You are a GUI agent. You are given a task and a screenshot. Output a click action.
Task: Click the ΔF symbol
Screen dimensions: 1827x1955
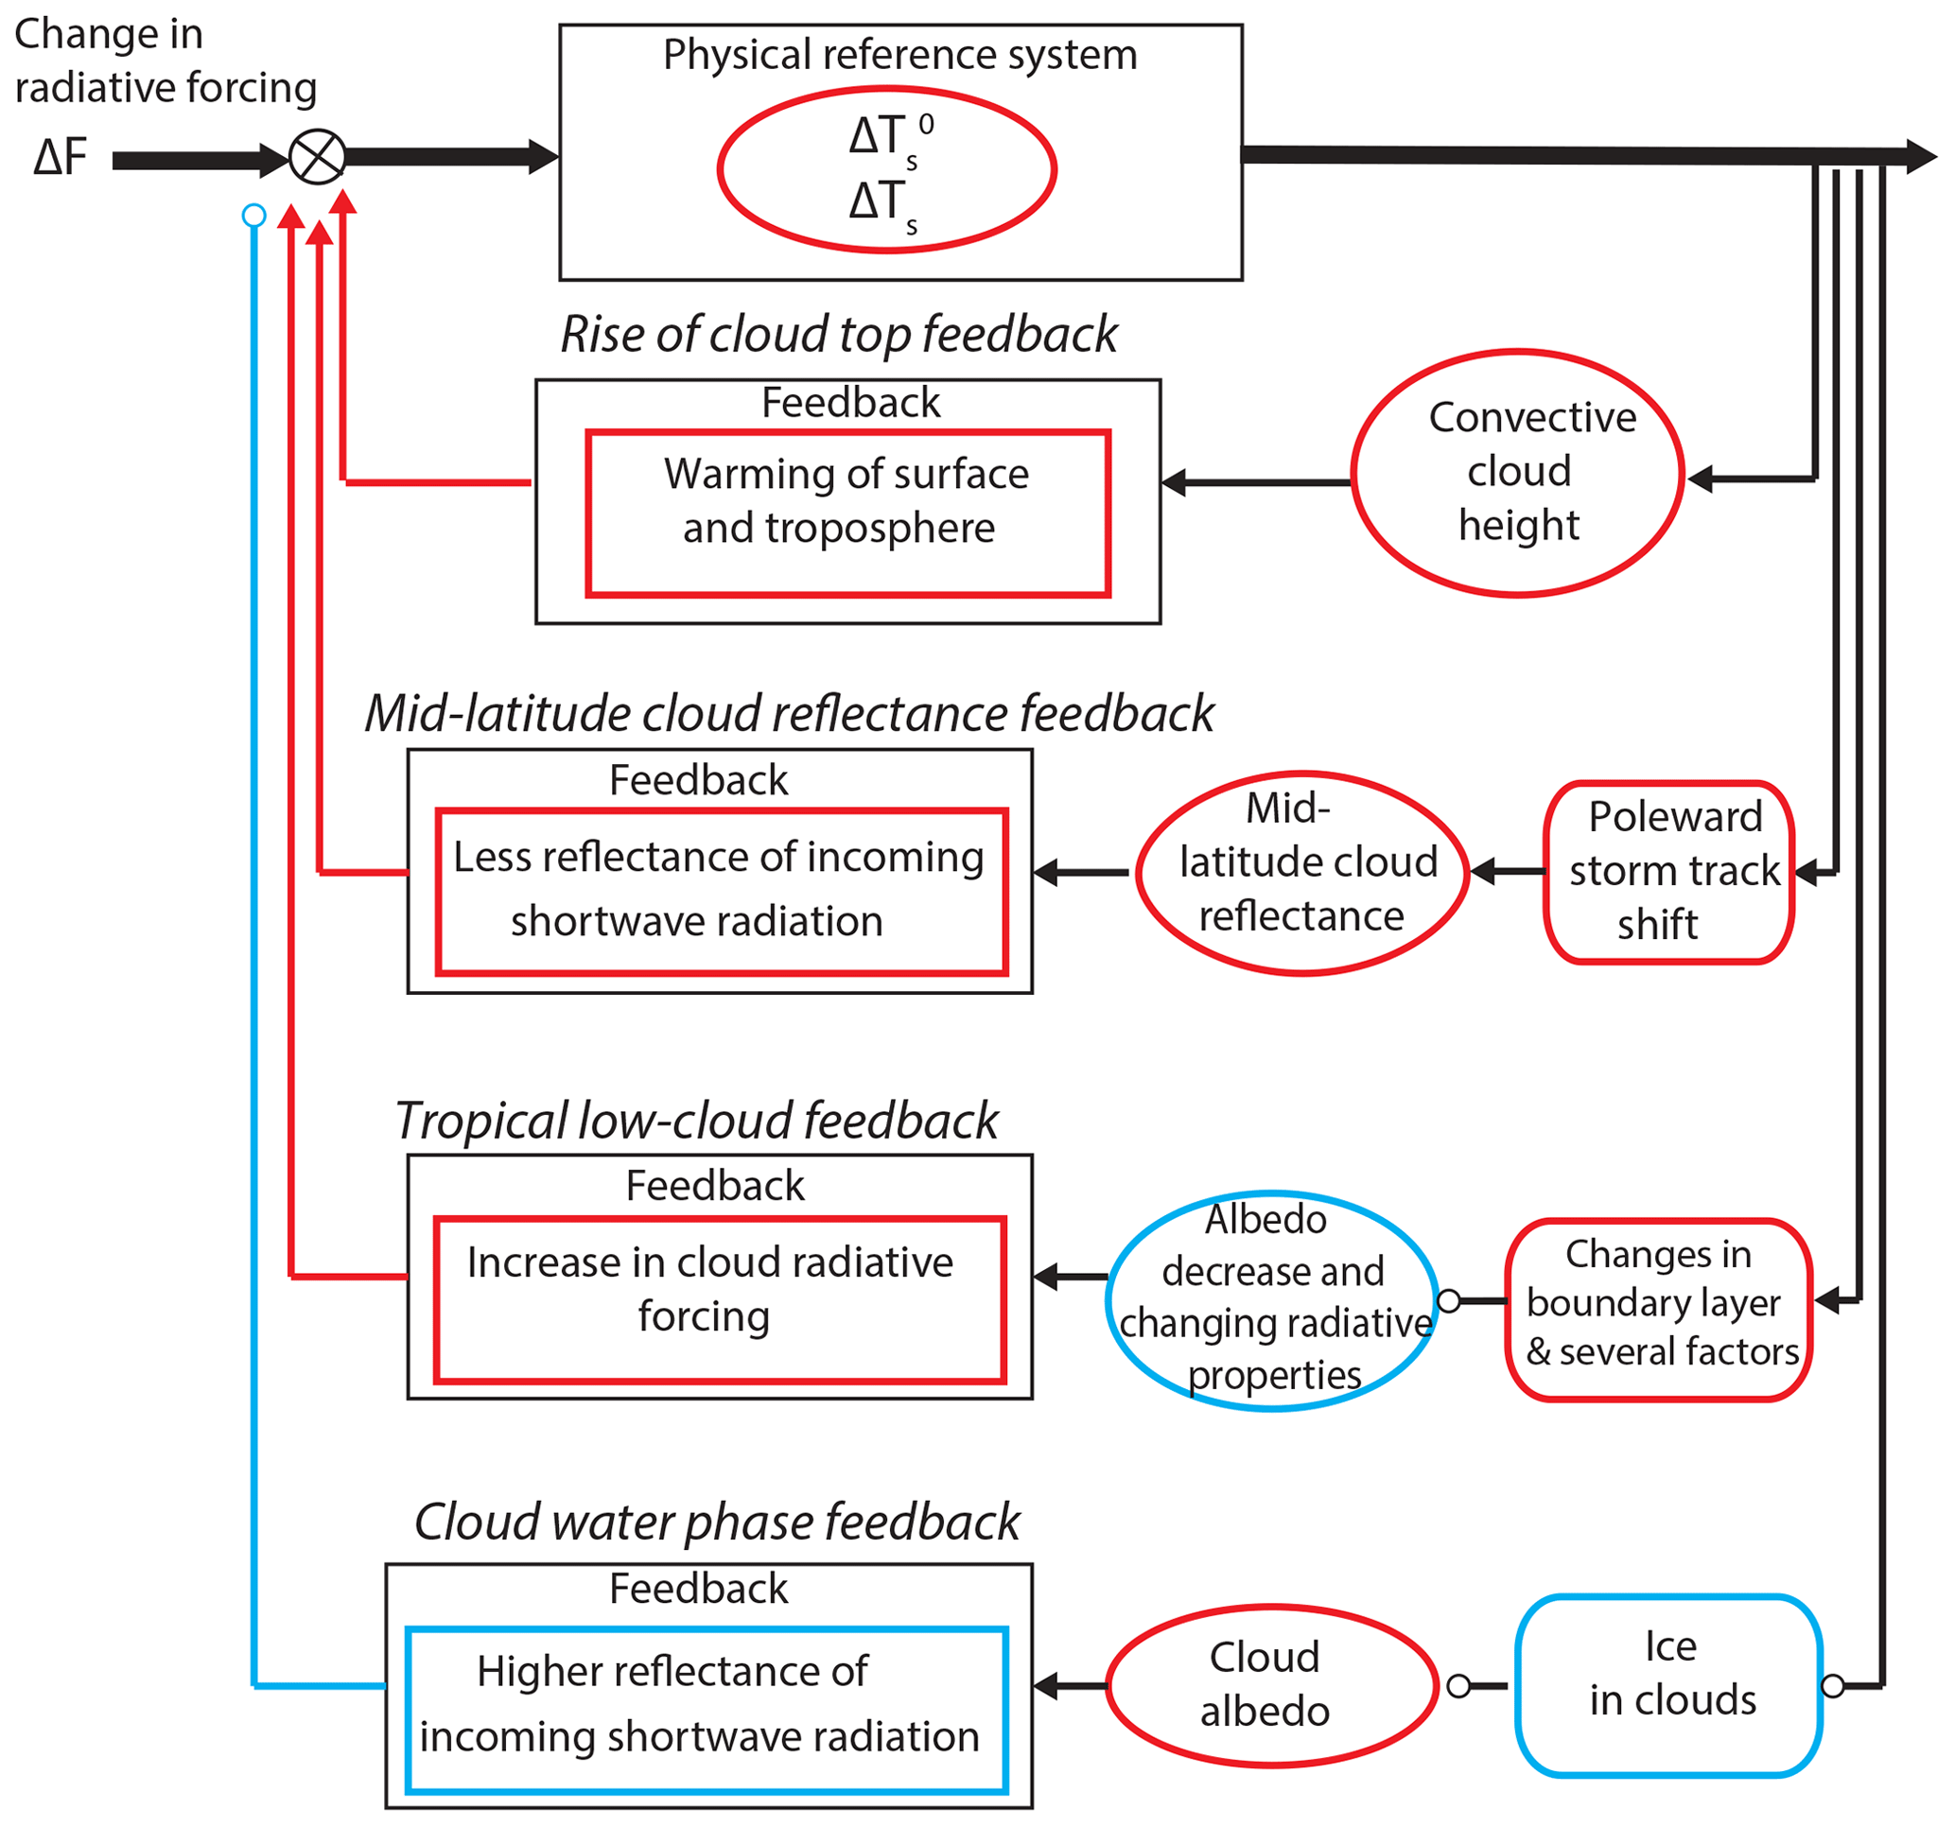[60, 157]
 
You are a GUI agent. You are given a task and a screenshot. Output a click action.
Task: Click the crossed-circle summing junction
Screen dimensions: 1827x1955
[318, 157]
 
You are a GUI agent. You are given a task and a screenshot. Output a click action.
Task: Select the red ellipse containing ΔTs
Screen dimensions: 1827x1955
[887, 170]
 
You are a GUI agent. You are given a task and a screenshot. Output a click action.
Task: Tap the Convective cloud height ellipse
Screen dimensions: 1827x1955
[1517, 473]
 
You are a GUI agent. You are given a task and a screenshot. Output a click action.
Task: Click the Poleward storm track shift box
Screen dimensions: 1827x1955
[1668, 872]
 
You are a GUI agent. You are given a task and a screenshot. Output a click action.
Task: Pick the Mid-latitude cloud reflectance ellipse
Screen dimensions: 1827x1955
[1302, 873]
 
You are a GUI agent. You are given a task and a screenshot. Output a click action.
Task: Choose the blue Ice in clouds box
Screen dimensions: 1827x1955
[1668, 1685]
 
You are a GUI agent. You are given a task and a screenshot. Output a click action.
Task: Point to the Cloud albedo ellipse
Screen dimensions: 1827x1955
[1271, 1685]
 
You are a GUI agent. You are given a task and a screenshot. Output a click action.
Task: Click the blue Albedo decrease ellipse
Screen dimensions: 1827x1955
[1271, 1301]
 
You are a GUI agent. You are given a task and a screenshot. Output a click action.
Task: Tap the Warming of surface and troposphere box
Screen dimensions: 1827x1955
[847, 513]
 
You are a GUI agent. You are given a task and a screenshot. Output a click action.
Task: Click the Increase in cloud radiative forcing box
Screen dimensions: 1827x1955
[720, 1300]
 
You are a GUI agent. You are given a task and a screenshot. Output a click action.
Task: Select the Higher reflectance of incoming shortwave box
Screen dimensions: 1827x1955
[707, 1710]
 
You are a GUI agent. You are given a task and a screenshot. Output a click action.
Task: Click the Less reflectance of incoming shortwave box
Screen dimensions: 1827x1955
[722, 892]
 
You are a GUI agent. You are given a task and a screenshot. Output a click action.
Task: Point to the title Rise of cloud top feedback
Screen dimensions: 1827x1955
[839, 335]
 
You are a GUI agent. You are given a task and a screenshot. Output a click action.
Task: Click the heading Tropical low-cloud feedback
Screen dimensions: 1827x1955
[696, 1121]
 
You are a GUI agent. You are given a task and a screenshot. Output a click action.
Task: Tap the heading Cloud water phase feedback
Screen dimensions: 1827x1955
[717, 1522]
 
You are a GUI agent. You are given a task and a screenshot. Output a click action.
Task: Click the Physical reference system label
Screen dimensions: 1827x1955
[899, 55]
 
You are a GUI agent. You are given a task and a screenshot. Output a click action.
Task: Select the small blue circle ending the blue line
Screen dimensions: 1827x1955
[253, 216]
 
